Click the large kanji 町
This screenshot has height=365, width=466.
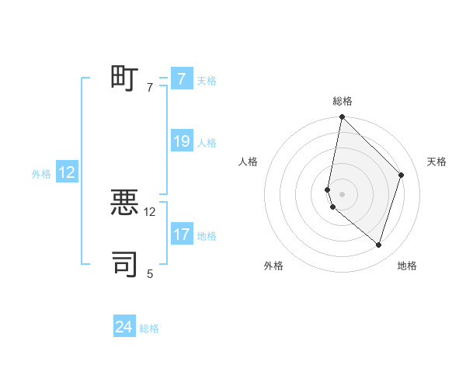(124, 78)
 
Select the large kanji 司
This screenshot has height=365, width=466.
(124, 264)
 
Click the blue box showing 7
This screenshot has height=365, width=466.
(181, 79)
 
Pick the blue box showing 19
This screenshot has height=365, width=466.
(181, 141)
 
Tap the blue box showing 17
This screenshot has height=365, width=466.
(181, 235)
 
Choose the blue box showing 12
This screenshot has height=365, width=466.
(67, 172)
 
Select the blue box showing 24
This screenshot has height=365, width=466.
(124, 328)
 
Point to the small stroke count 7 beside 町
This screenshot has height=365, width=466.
(150, 88)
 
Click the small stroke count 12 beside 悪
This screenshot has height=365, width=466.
(150, 211)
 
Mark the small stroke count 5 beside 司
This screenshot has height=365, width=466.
(150, 273)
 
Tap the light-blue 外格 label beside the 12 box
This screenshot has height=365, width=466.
(41, 174)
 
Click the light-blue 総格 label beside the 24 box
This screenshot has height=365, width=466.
(149, 328)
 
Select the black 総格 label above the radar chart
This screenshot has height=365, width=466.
(343, 101)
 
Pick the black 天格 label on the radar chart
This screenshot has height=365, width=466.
(436, 162)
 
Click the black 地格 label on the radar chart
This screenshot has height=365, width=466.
(407, 266)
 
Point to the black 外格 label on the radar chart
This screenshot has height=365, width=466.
(273, 266)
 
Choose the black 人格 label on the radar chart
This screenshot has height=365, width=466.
(249, 162)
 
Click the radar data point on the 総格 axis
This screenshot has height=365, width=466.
(342, 117)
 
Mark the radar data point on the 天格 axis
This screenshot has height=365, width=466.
(402, 175)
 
